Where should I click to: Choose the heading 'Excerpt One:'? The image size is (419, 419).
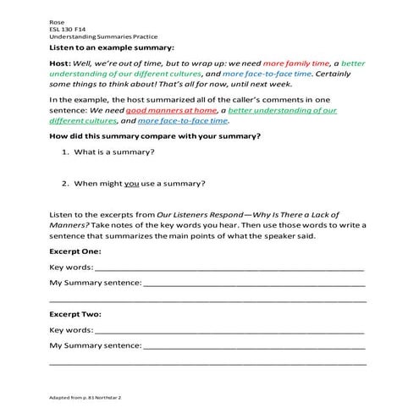point(74,252)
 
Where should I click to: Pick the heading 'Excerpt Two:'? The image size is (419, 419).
point(75,314)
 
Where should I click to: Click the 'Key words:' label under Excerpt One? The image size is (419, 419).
point(71,267)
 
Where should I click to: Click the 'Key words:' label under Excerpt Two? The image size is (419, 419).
point(71,330)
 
